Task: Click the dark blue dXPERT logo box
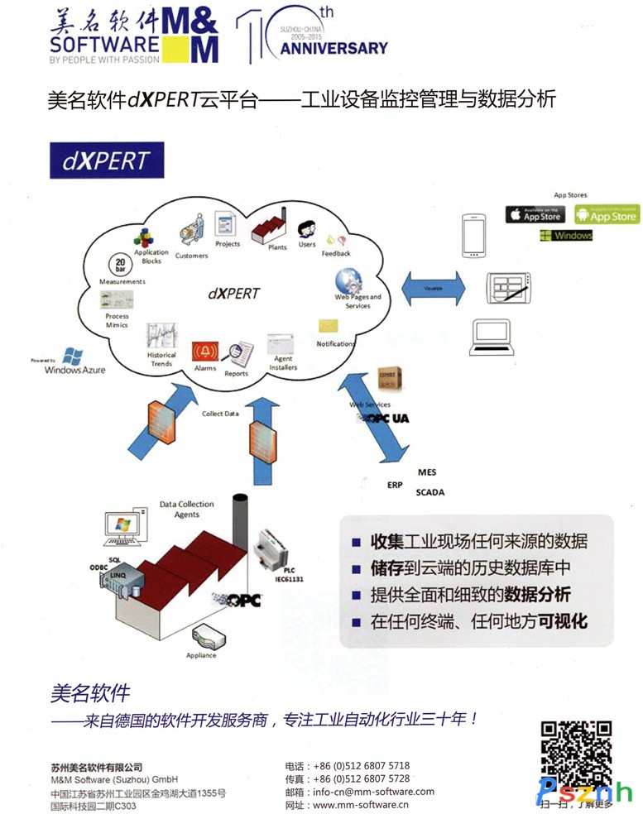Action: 107,160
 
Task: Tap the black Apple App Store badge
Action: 535,214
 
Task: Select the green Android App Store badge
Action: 607,214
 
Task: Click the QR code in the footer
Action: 576,755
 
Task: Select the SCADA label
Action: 430,492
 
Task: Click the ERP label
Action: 395,485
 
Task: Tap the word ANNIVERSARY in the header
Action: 333,48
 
